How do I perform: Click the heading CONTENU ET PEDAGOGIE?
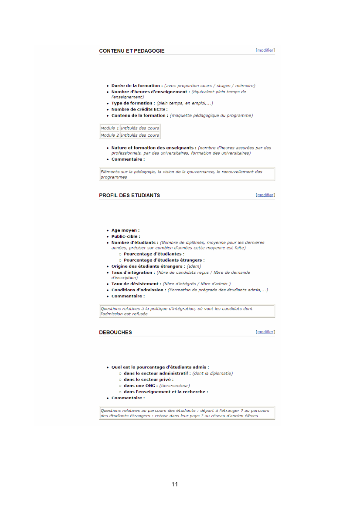tap(132, 51)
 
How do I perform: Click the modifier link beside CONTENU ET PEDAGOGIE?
tap(265, 51)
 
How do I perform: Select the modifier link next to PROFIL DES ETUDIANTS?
tap(265, 195)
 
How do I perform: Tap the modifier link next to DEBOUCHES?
tap(265, 332)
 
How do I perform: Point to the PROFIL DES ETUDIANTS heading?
tap(129, 196)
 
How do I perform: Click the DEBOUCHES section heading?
tap(115, 333)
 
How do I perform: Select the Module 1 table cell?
tap(110, 128)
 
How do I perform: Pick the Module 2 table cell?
tap(110, 135)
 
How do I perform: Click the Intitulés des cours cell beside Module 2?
tap(140, 135)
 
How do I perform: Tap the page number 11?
tap(175, 484)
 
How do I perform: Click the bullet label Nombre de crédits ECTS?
tap(139, 110)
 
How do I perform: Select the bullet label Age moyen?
tap(126, 230)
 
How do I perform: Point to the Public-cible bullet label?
tap(126, 236)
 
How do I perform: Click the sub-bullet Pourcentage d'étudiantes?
tap(153, 254)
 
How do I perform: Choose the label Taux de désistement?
tap(136, 284)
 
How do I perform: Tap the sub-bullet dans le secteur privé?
tap(148, 380)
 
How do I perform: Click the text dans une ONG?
tap(139, 386)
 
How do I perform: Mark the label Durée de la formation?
tap(137, 86)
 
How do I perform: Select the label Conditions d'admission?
tap(139, 290)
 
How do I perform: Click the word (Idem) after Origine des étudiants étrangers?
tap(194, 266)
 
